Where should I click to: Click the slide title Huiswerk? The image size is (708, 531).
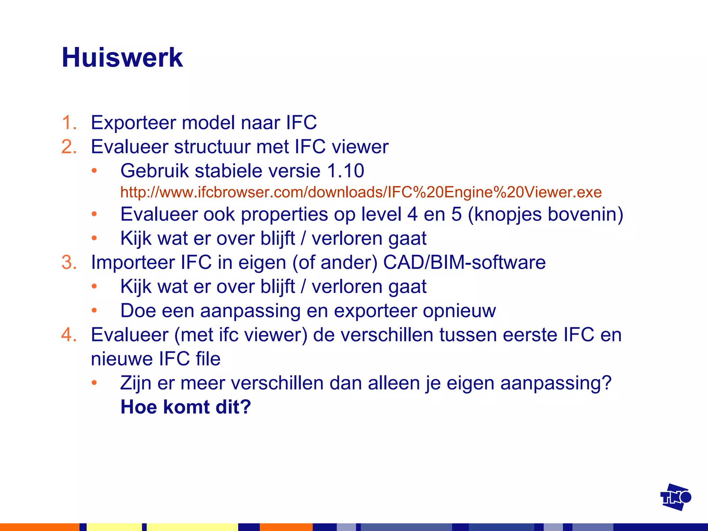click(x=122, y=58)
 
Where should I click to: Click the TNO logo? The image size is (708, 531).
click(x=675, y=497)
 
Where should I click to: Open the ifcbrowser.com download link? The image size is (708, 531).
click(x=361, y=192)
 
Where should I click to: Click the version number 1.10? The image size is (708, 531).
click(x=345, y=171)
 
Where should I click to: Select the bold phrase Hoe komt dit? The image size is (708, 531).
click(x=185, y=407)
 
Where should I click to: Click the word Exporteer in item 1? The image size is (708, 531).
click(x=133, y=123)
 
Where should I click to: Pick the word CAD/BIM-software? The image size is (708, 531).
click(x=464, y=262)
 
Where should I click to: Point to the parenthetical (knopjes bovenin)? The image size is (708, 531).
click(x=545, y=214)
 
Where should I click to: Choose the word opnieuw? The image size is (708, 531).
click(x=459, y=310)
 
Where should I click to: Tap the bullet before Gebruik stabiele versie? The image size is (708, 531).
click(x=94, y=171)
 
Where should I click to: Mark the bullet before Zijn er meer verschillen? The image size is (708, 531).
click(x=94, y=383)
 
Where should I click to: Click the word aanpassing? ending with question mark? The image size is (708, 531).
click(x=556, y=383)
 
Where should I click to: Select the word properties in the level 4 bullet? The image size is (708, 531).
click(x=284, y=214)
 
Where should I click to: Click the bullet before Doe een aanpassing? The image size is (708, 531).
click(x=94, y=310)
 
